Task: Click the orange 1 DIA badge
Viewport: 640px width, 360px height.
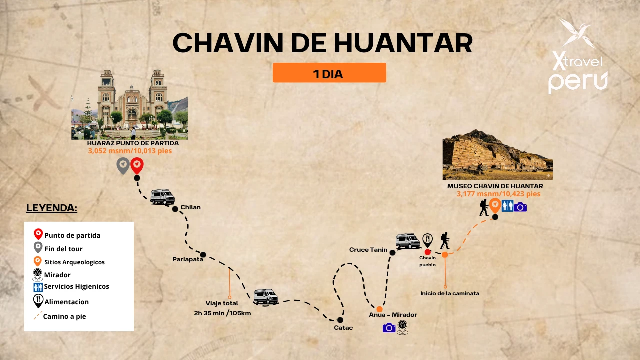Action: [329, 73]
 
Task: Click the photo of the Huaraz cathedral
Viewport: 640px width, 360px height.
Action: [130, 105]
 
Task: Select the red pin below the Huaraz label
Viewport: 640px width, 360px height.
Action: [137, 165]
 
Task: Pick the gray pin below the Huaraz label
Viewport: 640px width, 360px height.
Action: [123, 165]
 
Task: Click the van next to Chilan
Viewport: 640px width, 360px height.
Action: [162, 197]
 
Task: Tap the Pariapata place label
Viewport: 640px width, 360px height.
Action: [188, 259]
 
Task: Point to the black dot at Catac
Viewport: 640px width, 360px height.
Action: [340, 320]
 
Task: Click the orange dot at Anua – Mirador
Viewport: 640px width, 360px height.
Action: [380, 309]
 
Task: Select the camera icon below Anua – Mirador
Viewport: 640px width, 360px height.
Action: [389, 327]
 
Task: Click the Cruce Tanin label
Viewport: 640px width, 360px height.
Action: [368, 250]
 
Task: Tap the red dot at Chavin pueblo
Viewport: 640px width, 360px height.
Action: [428, 252]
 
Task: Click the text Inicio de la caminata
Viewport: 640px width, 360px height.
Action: [450, 293]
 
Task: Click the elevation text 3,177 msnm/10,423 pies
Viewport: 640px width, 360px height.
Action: [498, 194]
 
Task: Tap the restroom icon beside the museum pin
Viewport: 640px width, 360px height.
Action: [507, 206]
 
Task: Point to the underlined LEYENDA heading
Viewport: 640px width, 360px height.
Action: [52, 208]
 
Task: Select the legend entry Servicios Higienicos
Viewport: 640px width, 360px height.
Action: [76, 287]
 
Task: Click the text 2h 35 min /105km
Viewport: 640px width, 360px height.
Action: [222, 313]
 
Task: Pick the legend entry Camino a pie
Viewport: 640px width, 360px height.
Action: [64, 316]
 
